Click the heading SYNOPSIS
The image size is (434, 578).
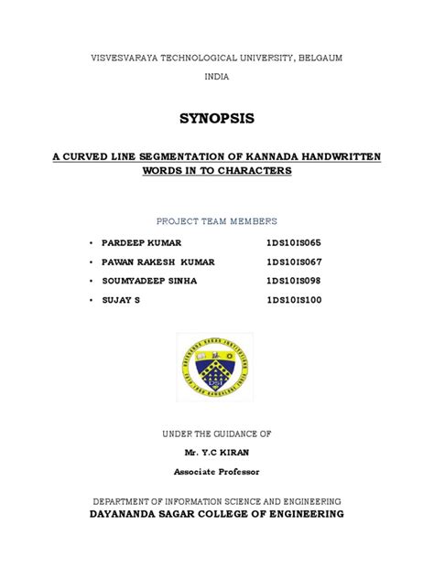pyautogui.click(x=217, y=119)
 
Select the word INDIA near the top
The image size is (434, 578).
pyautogui.click(x=216, y=77)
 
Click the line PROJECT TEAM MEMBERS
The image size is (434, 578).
pyautogui.click(x=217, y=221)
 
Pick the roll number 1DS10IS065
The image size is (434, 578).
pyautogui.click(x=295, y=242)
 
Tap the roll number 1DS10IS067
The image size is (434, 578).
pyautogui.click(x=295, y=261)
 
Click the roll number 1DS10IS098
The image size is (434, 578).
pyautogui.click(x=295, y=280)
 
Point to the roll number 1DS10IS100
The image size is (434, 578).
pyautogui.click(x=295, y=299)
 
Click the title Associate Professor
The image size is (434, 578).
pyautogui.click(x=217, y=471)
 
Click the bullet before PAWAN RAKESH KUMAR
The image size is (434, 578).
pyautogui.click(x=92, y=262)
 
